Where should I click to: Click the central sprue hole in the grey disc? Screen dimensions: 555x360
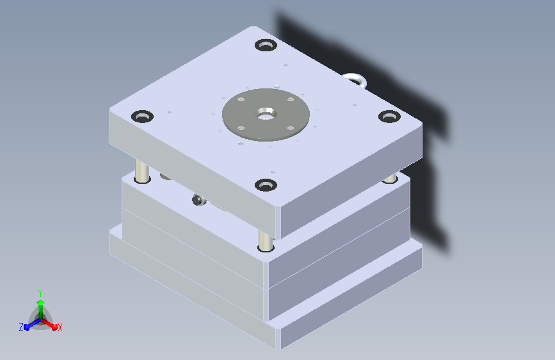[266, 114]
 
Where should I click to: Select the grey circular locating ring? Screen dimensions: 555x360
[266, 115]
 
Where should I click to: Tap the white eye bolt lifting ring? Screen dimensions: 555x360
[355, 80]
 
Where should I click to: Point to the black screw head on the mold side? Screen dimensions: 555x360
[199, 200]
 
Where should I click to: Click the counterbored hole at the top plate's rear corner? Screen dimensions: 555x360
[266, 45]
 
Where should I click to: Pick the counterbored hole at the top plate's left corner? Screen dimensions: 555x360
[142, 117]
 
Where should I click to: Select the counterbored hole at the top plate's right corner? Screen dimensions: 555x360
[389, 117]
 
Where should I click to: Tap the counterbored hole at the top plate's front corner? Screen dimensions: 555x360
[266, 185]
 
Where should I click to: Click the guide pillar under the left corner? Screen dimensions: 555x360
[142, 171]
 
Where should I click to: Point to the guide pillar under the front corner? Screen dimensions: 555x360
[266, 241]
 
